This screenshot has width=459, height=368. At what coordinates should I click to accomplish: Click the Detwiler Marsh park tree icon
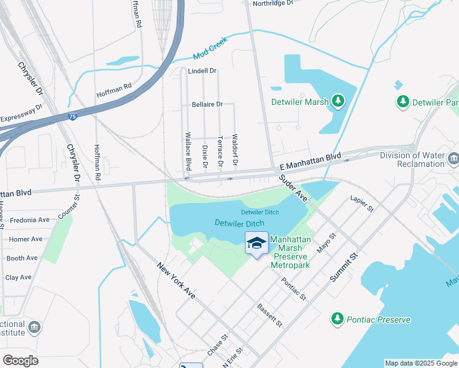pos(337,100)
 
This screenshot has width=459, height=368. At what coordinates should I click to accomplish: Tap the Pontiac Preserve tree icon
pos(337,319)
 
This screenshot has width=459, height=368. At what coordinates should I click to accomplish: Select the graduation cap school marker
pos(256,243)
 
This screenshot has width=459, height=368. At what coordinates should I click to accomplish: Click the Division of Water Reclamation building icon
pos(453,159)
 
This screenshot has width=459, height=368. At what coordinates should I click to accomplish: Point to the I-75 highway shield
pos(72,117)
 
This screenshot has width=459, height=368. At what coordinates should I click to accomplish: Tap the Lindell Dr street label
pos(202,71)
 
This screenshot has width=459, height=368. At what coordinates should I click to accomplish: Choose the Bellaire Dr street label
pos(207,104)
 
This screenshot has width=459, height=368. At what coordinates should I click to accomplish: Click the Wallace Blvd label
pos(188,151)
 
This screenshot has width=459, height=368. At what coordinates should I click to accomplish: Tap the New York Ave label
pos(176,281)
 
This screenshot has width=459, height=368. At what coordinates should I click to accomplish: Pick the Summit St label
pos(344,267)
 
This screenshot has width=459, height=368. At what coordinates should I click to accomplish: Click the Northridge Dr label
pos(273,3)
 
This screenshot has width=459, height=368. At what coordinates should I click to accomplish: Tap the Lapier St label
pos(361,204)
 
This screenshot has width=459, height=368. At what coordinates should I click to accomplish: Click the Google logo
pos(20,360)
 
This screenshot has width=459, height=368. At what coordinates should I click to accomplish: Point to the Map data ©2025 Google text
pos(420,363)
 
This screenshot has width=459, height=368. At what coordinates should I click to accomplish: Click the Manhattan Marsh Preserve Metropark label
pos(290,252)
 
